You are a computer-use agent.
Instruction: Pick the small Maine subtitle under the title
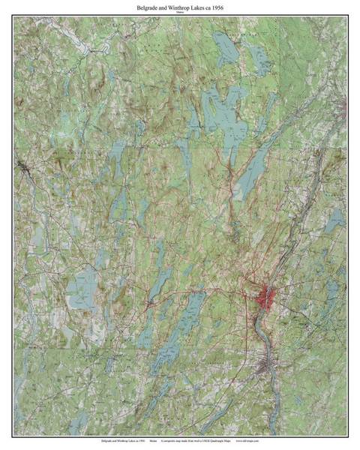(180, 13)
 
